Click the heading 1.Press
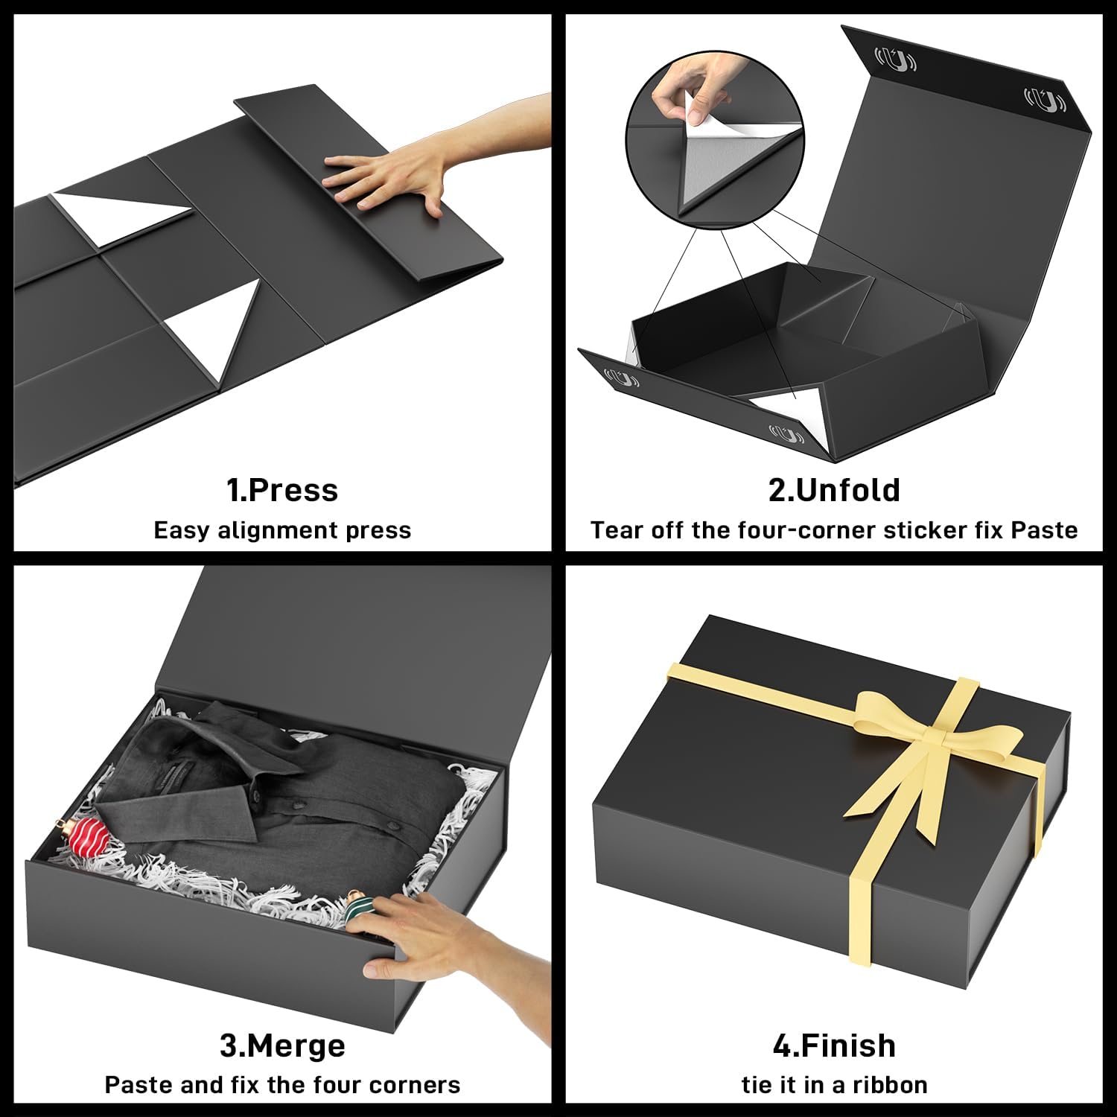coord(282,491)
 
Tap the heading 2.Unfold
coord(834,491)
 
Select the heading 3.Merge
coord(282,1046)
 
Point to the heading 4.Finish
coord(834,1046)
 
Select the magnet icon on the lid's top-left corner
coord(894,60)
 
